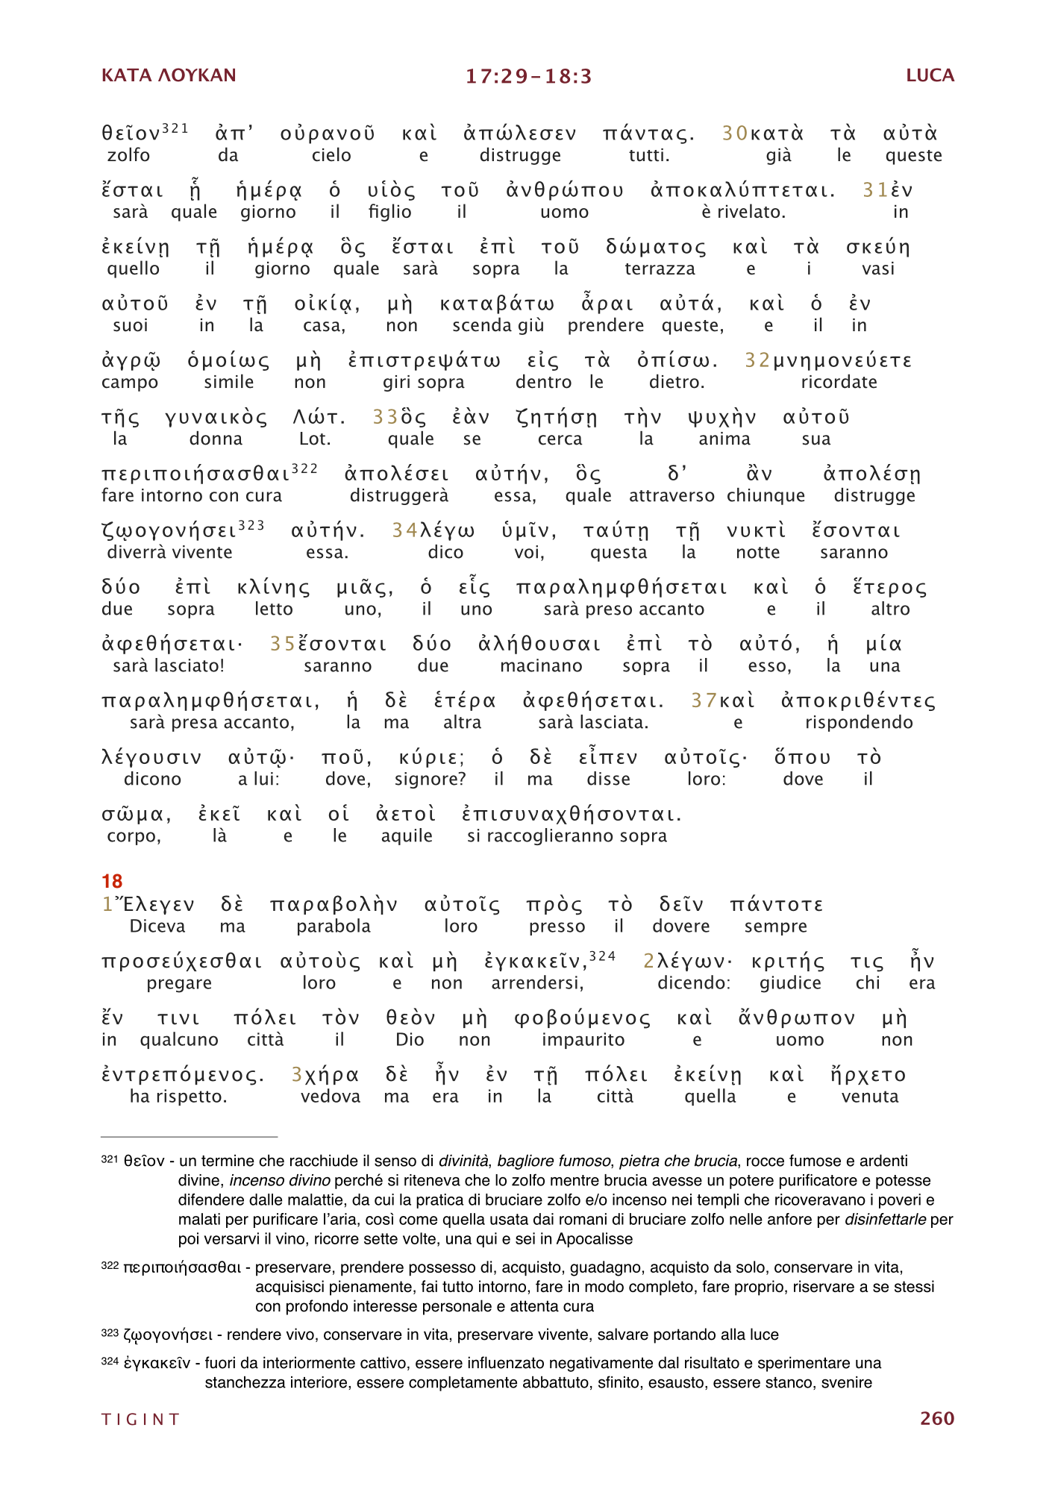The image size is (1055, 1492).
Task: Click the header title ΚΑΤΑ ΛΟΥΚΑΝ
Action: (169, 75)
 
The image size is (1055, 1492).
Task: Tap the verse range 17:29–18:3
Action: (528, 76)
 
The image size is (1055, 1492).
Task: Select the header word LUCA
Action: (930, 75)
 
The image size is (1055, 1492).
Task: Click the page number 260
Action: (936, 1418)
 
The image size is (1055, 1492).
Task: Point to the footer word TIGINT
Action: (141, 1419)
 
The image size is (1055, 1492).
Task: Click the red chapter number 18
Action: (112, 881)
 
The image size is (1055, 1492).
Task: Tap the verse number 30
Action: (735, 134)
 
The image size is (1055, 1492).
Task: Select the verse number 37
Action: (704, 700)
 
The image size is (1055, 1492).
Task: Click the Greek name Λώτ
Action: (319, 418)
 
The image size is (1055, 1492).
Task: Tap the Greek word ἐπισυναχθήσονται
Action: (572, 815)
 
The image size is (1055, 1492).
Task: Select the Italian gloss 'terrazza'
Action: (660, 269)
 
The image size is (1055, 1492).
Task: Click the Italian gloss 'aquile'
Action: (407, 836)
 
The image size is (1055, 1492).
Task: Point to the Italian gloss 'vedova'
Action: (331, 1097)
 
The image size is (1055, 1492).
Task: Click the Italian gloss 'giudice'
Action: (790, 983)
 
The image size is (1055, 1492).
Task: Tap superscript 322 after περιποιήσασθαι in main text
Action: (304, 468)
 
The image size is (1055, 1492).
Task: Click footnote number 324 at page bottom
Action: (110, 1361)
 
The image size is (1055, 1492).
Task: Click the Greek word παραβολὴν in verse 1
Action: (334, 905)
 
